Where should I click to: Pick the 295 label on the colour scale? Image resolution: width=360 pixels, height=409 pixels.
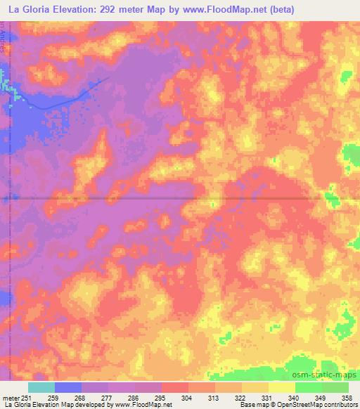(160, 397)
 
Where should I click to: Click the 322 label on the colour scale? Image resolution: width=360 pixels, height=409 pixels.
(240, 397)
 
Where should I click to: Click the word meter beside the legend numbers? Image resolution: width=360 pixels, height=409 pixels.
(10, 397)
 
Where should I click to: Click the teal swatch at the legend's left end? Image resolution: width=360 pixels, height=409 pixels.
(41, 387)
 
